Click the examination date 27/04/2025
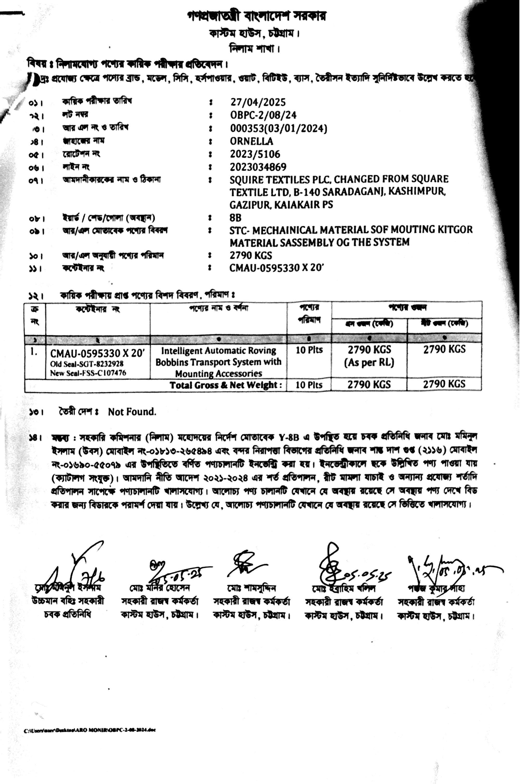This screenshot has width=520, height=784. (x=258, y=102)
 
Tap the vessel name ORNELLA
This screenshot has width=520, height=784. (x=251, y=141)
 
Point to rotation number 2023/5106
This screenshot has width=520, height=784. (x=255, y=154)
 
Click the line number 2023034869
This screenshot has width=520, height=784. (x=258, y=167)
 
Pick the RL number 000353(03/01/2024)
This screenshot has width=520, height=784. (x=278, y=128)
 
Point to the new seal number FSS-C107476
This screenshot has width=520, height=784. (x=99, y=373)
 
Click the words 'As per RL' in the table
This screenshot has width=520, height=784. (x=369, y=363)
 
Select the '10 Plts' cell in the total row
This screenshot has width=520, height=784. (x=309, y=385)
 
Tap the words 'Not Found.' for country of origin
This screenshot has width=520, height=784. (x=132, y=412)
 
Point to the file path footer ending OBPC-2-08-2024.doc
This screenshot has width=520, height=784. (x=90, y=730)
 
